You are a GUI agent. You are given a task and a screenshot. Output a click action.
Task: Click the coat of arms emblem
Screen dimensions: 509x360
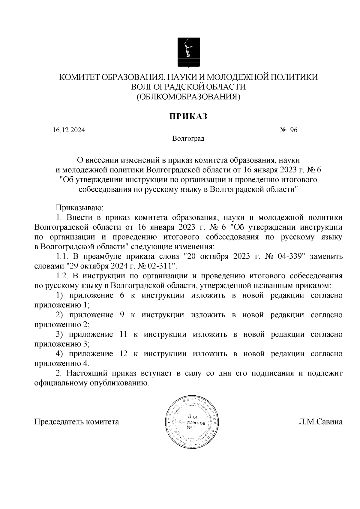tap(188, 52)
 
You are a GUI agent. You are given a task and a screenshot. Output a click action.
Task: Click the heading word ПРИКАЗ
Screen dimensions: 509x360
tap(188, 116)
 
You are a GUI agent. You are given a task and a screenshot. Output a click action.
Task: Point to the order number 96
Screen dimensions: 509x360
tap(293, 130)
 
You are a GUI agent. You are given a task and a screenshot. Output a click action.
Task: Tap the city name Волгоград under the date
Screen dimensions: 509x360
tap(188, 139)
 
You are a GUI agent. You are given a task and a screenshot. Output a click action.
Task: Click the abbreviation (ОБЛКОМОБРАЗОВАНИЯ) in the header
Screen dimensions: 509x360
tap(188, 97)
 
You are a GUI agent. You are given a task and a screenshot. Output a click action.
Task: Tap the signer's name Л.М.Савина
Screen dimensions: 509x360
tap(320, 422)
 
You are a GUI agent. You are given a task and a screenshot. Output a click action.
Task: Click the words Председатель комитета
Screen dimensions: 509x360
tap(77, 422)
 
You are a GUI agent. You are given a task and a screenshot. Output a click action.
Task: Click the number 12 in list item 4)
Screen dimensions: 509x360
tap(124, 354)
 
